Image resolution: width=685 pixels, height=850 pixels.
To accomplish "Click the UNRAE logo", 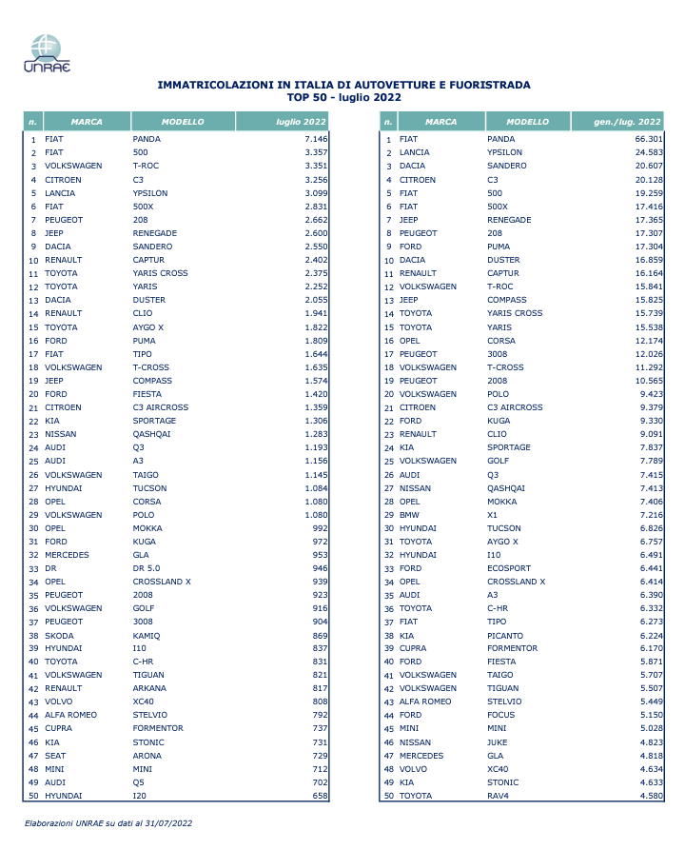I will pos(46,51).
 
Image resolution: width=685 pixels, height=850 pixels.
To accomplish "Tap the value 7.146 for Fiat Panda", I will pos(314,139).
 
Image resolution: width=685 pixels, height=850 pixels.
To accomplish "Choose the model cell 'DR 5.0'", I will pos(148,568).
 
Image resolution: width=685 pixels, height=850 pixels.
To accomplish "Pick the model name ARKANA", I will pos(149,688).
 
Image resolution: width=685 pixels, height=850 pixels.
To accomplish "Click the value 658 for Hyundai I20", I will pos(318,795).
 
